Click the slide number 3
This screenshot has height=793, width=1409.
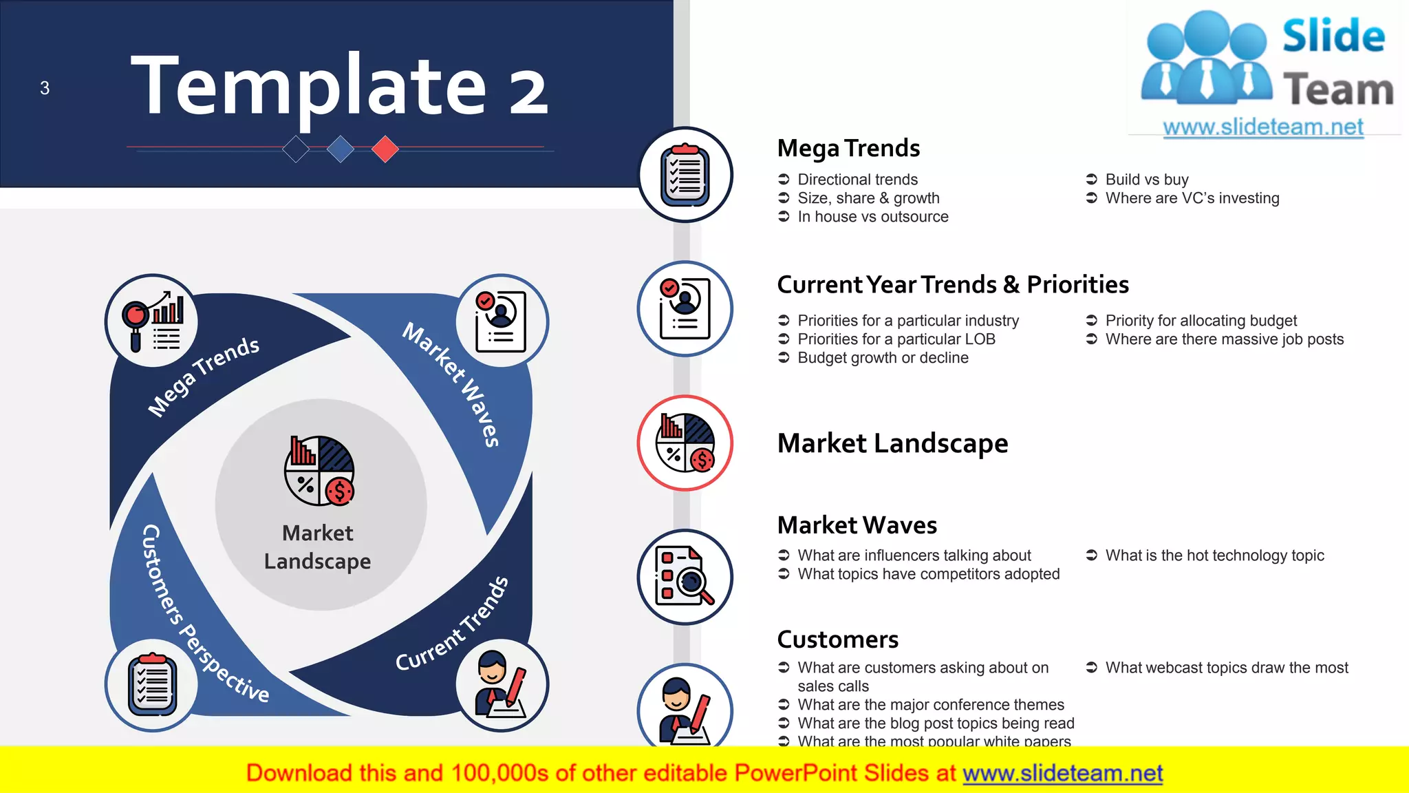point(45,88)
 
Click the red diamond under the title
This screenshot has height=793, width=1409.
point(385,149)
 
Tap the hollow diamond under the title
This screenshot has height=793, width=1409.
point(296,149)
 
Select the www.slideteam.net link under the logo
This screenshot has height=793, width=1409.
point(1262,127)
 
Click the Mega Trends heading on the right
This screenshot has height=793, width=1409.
point(848,148)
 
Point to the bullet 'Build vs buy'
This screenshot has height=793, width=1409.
point(1146,180)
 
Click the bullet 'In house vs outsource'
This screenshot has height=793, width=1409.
point(872,217)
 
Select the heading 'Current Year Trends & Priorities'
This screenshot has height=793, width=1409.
point(952,284)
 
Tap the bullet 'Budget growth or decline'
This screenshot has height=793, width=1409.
point(883,358)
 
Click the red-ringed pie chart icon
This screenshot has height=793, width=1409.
point(685,443)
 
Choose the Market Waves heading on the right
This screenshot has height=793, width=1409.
point(857,525)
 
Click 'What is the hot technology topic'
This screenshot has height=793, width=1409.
point(1214,556)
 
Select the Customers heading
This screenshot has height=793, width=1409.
point(837,639)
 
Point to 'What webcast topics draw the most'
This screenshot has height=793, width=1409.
point(1226,668)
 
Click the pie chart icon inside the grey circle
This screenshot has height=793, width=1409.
point(320,471)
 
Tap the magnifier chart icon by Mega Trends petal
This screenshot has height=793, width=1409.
point(152,321)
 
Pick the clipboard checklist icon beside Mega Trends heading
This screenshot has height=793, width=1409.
point(685,175)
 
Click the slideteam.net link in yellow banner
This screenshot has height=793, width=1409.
point(1062,774)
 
